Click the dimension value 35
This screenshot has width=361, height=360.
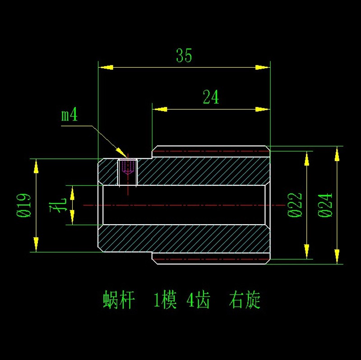pyautogui.click(x=184, y=56)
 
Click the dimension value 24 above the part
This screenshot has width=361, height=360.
pyautogui.click(x=211, y=97)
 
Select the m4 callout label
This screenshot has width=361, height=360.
pyautogui.click(x=69, y=115)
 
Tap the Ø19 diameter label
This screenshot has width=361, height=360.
pyautogui.click(x=24, y=206)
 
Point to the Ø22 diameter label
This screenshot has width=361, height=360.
pyautogui.click(x=295, y=205)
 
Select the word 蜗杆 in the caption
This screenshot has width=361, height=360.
pyautogui.click(x=119, y=300)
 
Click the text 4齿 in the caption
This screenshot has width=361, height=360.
pyautogui.click(x=198, y=300)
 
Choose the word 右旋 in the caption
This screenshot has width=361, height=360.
pyautogui.click(x=245, y=300)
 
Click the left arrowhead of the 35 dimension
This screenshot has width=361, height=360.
pyautogui.click(x=105, y=68)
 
